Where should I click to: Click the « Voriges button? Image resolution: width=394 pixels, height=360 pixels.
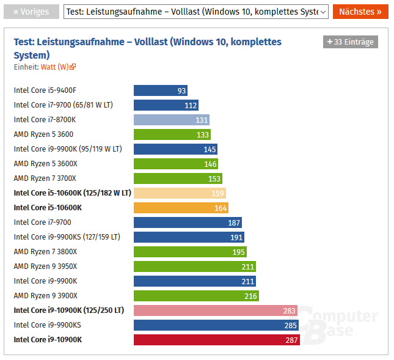coord(31,12)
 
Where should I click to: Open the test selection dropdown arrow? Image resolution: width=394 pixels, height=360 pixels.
coord(323,12)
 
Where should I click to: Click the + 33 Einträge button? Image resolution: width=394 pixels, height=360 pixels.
coord(351,42)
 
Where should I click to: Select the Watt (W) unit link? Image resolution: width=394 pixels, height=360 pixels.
coord(58,67)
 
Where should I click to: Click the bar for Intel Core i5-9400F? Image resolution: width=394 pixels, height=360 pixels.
coord(161,90)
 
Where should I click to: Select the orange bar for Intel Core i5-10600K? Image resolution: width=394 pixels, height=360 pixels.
coord(181,208)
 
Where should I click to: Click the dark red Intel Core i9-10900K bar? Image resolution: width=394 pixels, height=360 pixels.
coord(216,340)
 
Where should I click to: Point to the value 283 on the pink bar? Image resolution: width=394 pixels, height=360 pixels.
coord(289,310)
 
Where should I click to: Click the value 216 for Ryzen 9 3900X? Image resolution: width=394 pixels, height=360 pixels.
coord(251,296)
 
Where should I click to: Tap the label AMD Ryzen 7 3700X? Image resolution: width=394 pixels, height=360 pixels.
coord(45,178)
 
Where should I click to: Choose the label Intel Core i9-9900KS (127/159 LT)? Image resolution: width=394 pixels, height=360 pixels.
coord(67,237)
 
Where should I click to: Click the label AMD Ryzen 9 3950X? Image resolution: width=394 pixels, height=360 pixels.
coord(46,266)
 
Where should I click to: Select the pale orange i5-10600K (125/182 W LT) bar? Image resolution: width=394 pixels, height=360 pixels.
coord(180,193)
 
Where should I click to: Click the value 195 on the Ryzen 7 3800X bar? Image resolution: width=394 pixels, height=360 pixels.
coord(238,252)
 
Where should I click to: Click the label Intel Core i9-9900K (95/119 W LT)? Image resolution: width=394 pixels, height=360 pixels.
coord(68,149)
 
